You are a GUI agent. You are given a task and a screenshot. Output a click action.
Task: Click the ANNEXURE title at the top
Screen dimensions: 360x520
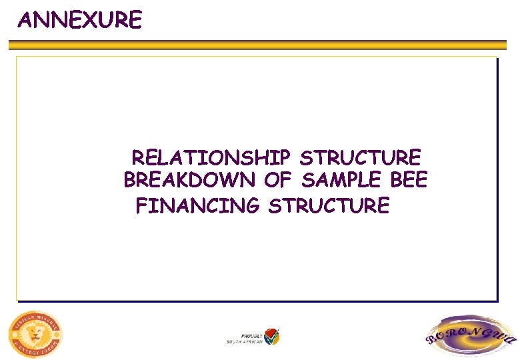point(80,20)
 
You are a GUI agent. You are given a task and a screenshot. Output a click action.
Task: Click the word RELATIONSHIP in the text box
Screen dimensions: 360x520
point(211,158)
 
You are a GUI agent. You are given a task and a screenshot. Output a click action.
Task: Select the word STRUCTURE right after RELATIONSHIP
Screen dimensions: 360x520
point(361,158)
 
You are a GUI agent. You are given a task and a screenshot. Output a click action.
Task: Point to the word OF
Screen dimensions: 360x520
point(278,180)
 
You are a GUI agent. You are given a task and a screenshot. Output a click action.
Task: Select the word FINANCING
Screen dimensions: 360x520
point(197,205)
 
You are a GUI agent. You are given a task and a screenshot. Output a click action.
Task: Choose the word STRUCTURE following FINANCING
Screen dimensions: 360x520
point(329,205)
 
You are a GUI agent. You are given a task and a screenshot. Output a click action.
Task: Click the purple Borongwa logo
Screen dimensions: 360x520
point(470,337)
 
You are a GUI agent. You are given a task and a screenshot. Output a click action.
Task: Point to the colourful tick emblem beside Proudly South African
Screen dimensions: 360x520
point(271,336)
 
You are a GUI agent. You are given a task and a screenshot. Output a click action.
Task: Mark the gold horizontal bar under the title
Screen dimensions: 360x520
point(260,45)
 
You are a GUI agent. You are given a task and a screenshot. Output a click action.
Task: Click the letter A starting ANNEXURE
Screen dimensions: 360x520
point(25,21)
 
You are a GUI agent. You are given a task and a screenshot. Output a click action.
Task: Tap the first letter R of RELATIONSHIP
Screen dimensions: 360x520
point(138,158)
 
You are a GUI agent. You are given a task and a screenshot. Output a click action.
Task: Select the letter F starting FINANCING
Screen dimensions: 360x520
point(141,205)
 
